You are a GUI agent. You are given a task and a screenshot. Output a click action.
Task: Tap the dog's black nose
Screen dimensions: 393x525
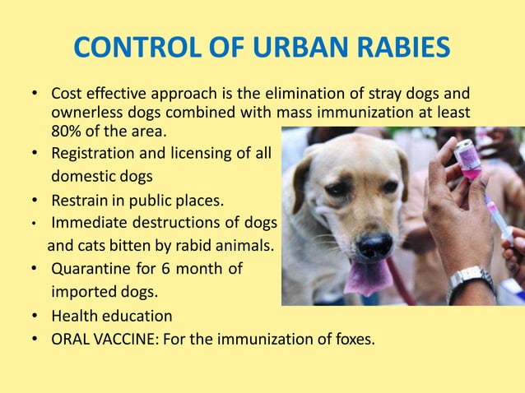(x=375, y=245)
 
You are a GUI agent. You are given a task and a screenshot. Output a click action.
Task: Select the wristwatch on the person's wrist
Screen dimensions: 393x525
(x=470, y=280)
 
